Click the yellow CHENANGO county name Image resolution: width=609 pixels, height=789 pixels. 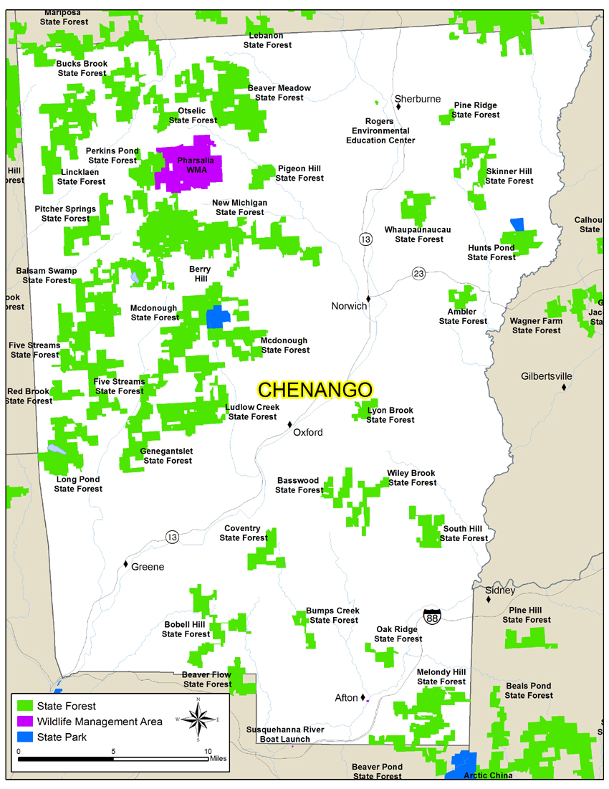click(x=315, y=390)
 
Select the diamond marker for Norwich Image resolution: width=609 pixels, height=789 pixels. click(x=368, y=298)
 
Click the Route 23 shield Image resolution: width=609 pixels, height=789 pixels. click(x=418, y=273)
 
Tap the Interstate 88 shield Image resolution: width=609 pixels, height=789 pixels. click(x=431, y=614)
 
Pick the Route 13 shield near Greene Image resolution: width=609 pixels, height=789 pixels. click(x=171, y=537)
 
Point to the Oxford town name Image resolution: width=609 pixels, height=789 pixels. click(x=308, y=432)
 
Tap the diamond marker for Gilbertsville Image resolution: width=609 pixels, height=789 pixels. click(x=564, y=388)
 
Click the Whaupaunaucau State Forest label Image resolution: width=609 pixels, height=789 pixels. click(x=418, y=234)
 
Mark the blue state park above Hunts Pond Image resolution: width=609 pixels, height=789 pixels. click(x=517, y=224)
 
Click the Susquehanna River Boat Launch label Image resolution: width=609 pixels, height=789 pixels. click(x=285, y=735)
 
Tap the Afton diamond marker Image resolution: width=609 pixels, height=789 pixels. click(x=363, y=697)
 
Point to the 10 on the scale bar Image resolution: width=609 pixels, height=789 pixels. click(x=208, y=751)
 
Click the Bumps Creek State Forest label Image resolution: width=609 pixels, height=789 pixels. click(x=332, y=616)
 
